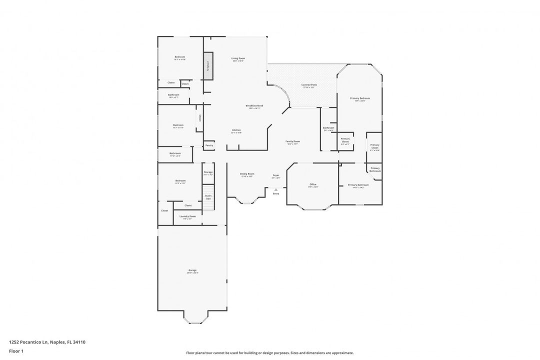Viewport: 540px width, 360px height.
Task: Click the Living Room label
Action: pos(238,59)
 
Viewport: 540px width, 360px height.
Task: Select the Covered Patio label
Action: pos(309,85)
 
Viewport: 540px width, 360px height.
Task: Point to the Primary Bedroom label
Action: pos(360,99)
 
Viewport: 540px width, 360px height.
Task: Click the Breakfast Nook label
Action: pos(254,106)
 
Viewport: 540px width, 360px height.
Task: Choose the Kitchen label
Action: pos(236,130)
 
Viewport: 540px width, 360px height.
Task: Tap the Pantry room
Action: pos(209,145)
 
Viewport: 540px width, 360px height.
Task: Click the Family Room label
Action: pos(292,142)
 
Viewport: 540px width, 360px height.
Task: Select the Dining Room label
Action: pos(247,174)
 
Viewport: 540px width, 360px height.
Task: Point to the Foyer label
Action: pos(275,176)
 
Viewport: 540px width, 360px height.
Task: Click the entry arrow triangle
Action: pos(275,189)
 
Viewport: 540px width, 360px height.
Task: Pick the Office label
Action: pos(313,185)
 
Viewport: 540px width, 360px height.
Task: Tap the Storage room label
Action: pos(208,173)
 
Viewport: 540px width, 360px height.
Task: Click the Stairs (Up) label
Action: pos(208,197)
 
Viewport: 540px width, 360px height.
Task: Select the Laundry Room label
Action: pos(187,217)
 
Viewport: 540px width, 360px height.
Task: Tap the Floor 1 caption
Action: pos(16,351)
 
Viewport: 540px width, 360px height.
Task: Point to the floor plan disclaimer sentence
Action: pos(269,352)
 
